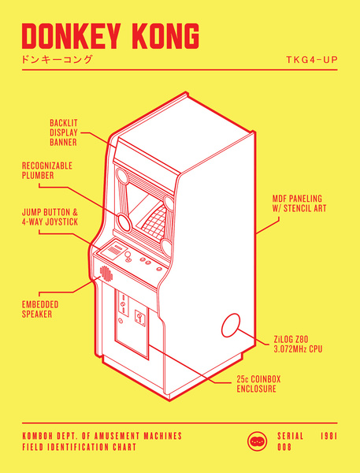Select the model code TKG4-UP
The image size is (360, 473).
312,60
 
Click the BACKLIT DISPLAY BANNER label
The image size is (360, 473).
64,132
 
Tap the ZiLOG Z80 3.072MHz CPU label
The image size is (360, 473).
299,343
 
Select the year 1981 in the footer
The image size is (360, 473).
330,435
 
